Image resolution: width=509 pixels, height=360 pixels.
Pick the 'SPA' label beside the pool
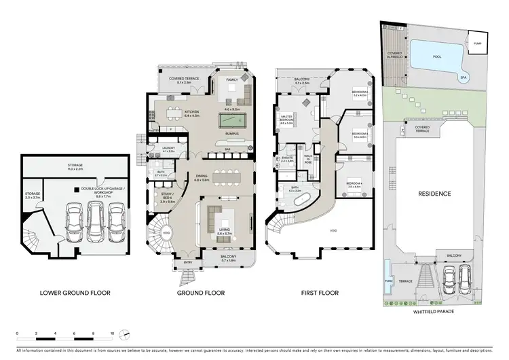[462, 78]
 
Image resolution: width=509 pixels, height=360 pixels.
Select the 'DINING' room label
[183, 178]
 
